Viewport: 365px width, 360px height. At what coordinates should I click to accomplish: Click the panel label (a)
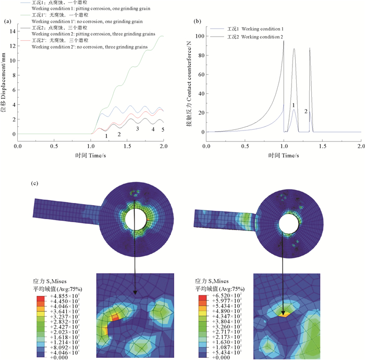click(7, 22)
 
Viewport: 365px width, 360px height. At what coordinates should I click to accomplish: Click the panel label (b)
click(197, 22)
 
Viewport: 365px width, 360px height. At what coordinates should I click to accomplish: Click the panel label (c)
click(35, 184)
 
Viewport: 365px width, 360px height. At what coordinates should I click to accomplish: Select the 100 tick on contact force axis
click(201, 36)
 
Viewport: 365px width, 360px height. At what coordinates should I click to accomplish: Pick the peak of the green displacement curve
click(162, 36)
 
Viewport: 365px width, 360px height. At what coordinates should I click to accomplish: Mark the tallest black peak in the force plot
click(284, 41)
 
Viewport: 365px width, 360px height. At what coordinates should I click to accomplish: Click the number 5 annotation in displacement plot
click(162, 129)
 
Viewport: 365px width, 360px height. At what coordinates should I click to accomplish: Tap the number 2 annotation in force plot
click(306, 111)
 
